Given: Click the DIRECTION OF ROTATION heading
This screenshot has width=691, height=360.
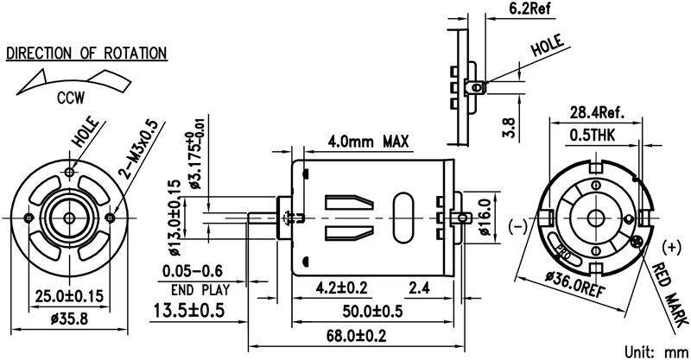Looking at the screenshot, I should point(86,53).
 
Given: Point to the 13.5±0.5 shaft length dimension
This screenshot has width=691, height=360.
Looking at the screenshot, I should point(189,310).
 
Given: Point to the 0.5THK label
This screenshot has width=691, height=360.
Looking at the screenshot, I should point(597,135).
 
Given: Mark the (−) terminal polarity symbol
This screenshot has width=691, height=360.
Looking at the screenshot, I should point(519,226).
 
